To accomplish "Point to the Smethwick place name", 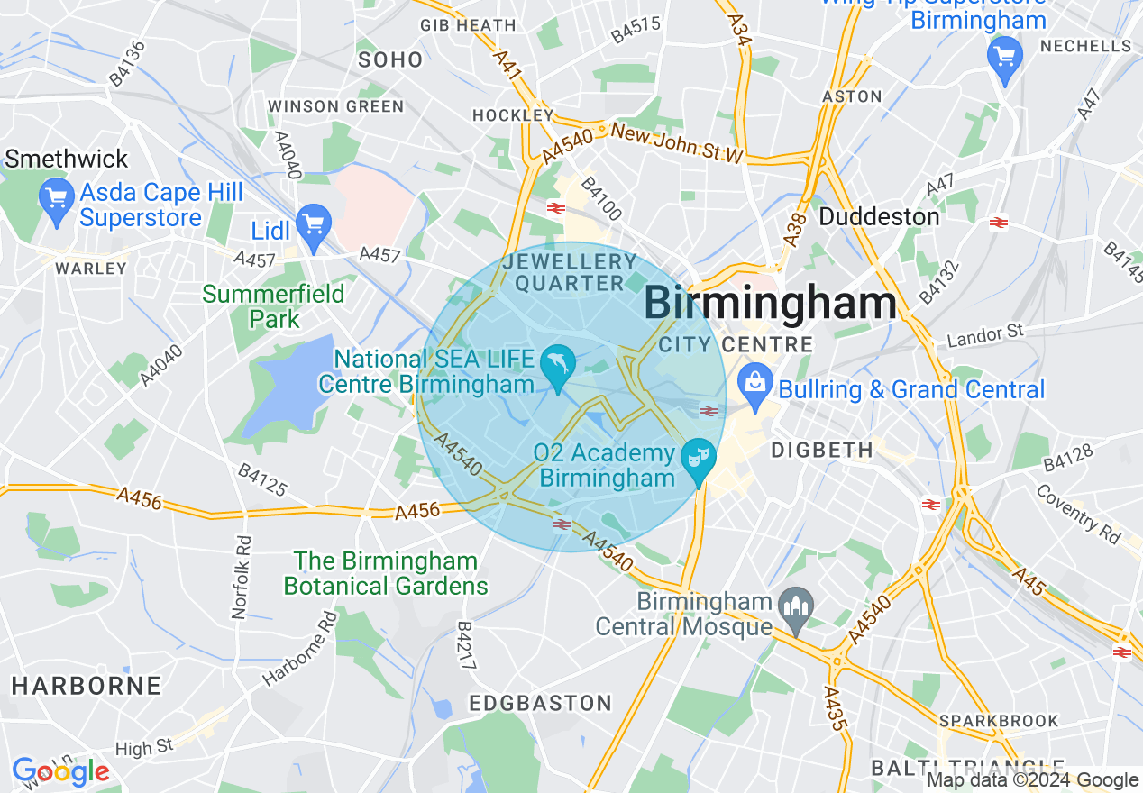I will [67, 160].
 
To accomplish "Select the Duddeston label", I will [879, 217].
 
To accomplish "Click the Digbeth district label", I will [822, 449].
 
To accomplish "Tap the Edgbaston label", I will [541, 703].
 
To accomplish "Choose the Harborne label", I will [87, 685].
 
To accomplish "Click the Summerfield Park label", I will [274, 306].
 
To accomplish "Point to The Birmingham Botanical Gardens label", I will [386, 574].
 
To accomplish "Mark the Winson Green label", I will [336, 106].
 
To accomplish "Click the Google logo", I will [60, 772].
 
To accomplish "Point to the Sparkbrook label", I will [999, 721].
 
